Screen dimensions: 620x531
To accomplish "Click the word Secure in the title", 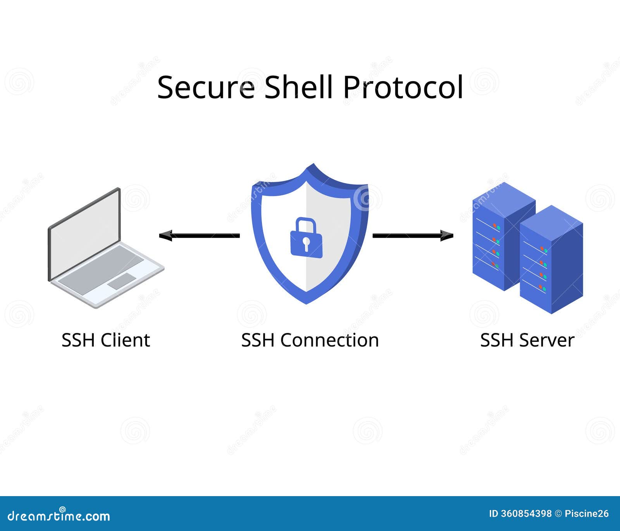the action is click(206, 87).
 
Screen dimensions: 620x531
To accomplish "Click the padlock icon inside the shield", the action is click(306, 238).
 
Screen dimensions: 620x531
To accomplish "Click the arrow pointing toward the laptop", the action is click(200, 235).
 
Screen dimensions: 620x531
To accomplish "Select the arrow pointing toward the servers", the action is click(413, 235).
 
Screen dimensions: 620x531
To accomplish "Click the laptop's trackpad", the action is click(122, 281).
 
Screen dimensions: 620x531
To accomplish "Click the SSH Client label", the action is click(106, 340).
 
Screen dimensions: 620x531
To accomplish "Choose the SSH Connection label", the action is click(310, 340).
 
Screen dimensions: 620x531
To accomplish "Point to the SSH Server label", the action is click(527, 340).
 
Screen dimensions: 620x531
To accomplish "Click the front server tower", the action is click(551, 260).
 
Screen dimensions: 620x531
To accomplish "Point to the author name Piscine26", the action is click(587, 514).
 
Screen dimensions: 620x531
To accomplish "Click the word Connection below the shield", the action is click(330, 340).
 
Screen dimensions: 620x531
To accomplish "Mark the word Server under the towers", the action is click(547, 340).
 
